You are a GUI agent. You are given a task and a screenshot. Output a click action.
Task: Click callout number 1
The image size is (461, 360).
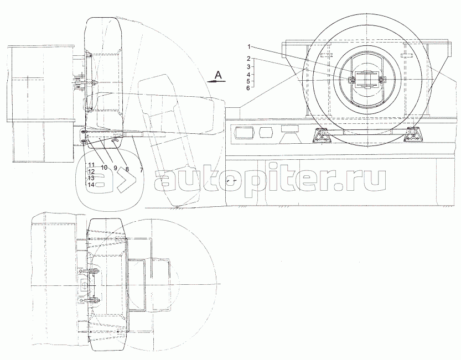coord(248,46)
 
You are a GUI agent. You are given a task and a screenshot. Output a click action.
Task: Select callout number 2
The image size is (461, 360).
coord(248,59)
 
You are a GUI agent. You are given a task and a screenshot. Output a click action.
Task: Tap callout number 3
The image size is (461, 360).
coord(248,67)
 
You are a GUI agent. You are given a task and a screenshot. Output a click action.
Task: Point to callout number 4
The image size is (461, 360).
coord(248,75)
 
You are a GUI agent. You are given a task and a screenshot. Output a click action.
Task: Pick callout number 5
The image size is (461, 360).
coord(248,81)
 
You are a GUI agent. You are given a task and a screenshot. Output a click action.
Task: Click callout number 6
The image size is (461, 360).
coord(248,88)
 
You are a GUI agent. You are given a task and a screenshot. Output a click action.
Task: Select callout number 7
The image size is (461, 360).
coord(142,170)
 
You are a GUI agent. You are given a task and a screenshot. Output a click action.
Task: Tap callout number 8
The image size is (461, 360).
coord(127,169)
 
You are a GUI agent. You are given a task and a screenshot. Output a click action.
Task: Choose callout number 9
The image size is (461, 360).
coord(115,168)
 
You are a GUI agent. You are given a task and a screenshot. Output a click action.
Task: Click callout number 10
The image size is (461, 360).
coord(104,168)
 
